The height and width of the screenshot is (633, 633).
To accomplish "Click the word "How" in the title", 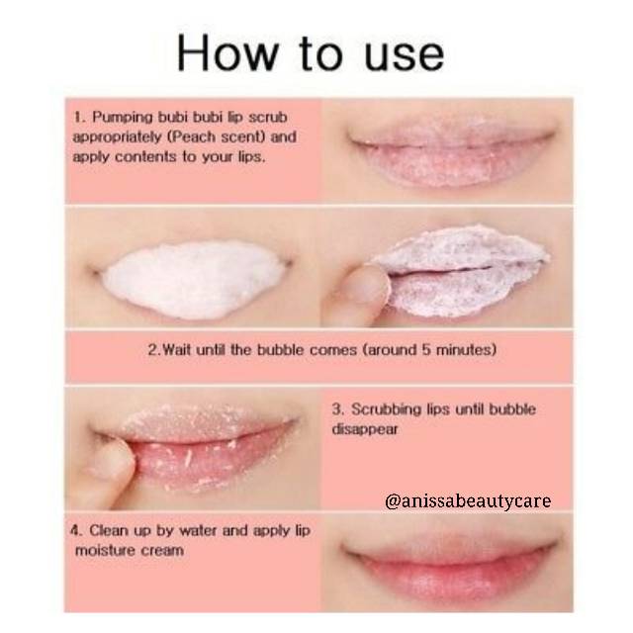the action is click(227, 53).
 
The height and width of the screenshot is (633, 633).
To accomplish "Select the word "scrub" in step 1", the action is click(268, 117).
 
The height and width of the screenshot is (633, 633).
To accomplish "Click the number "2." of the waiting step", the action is click(154, 349).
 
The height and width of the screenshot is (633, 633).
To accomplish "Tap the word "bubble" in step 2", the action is click(280, 349).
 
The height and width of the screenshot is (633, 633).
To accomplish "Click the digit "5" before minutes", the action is click(426, 349).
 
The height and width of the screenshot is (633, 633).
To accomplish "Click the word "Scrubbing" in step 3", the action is click(389, 409).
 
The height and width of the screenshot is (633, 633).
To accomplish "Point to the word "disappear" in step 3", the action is click(365, 429).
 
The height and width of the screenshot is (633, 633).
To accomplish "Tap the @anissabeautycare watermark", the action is click(468, 501).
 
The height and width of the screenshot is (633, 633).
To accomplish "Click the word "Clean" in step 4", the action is click(109, 530).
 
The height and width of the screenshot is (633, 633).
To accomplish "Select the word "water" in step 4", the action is click(198, 530).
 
